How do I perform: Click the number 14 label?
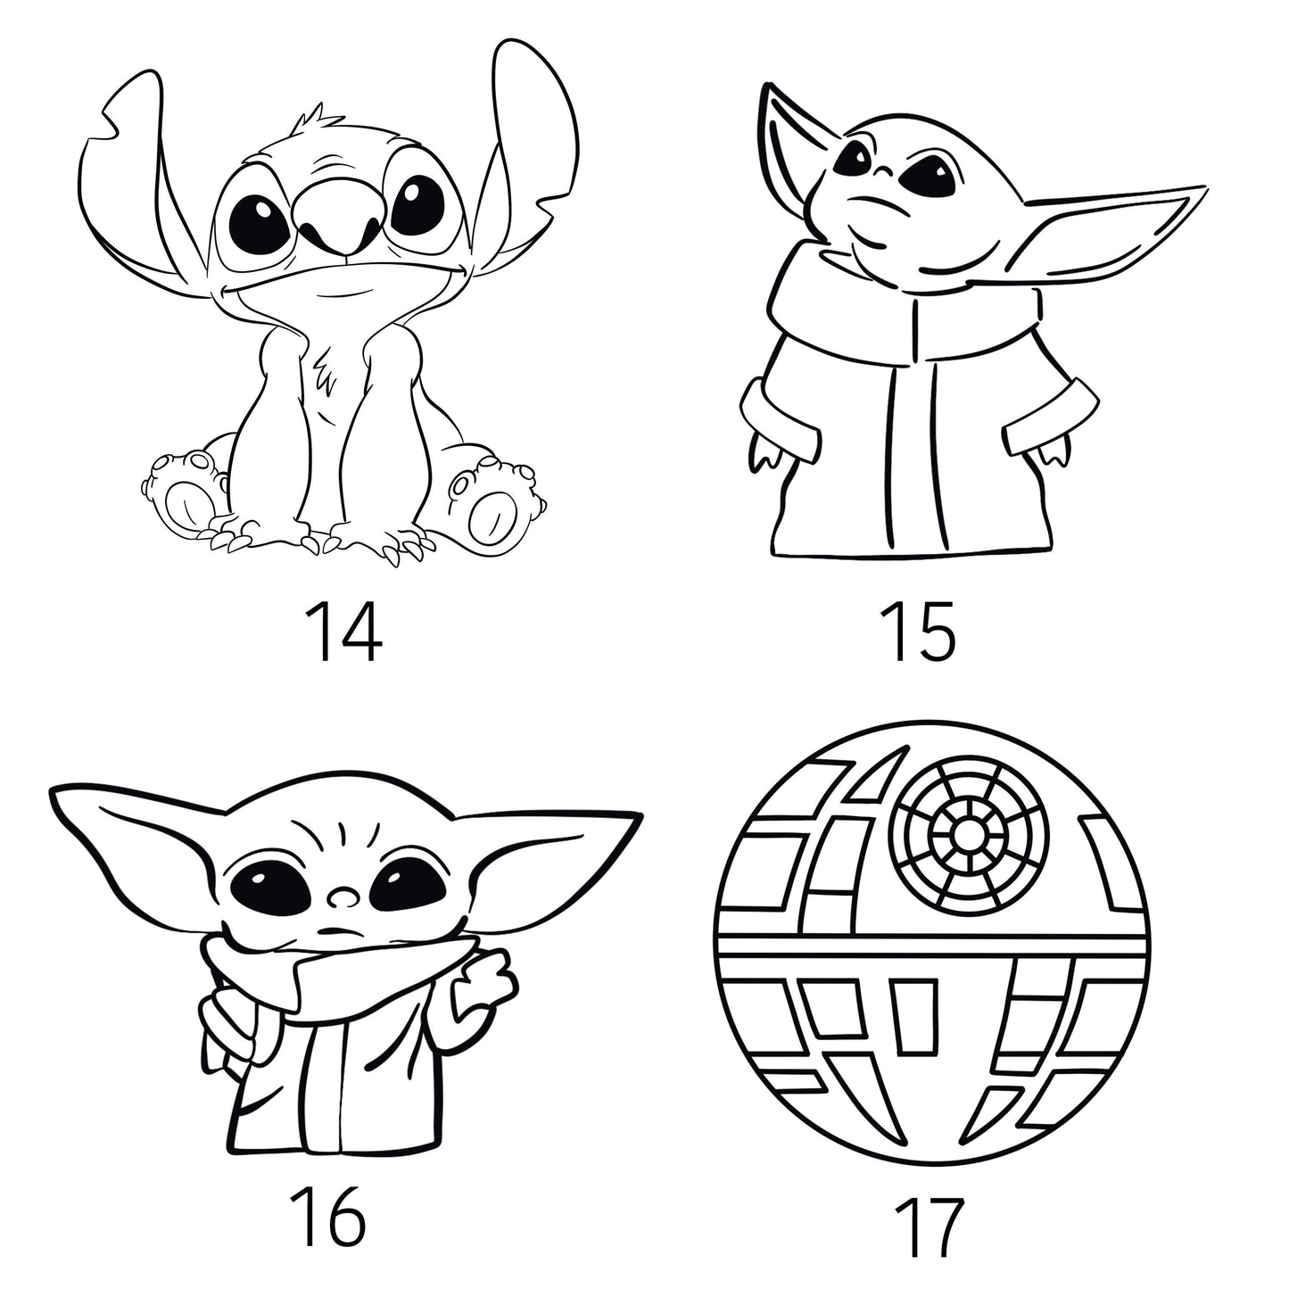click(x=343, y=631)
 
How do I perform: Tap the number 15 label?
click(x=917, y=631)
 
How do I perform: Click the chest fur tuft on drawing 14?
click(x=326, y=375)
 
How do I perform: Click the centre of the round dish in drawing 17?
click(x=969, y=836)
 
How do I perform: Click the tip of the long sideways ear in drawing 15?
click(x=1208, y=186)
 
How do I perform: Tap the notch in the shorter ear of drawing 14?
click(x=114, y=120)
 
